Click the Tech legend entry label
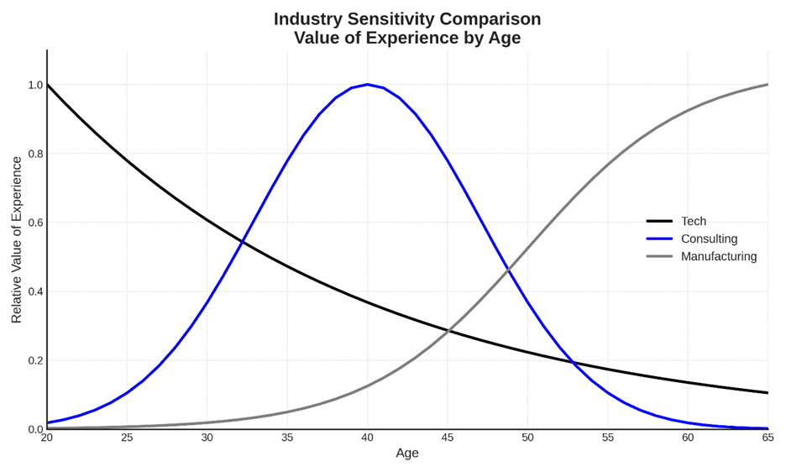[693, 221]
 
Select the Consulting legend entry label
[709, 239]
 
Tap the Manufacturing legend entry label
[718, 256]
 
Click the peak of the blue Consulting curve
[367, 84]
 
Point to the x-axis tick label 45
[448, 438]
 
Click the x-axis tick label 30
[207, 438]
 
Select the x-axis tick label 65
[768, 438]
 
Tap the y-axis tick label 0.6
[35, 223]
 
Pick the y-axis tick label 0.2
[35, 360]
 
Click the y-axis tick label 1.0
[35, 85]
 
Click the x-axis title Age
[407, 454]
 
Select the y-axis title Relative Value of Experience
[16, 239]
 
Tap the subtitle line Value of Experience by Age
[407, 38]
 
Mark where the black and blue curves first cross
[242, 243]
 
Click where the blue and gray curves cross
[507, 270]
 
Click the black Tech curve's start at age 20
[47, 84]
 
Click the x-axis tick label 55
[608, 438]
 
